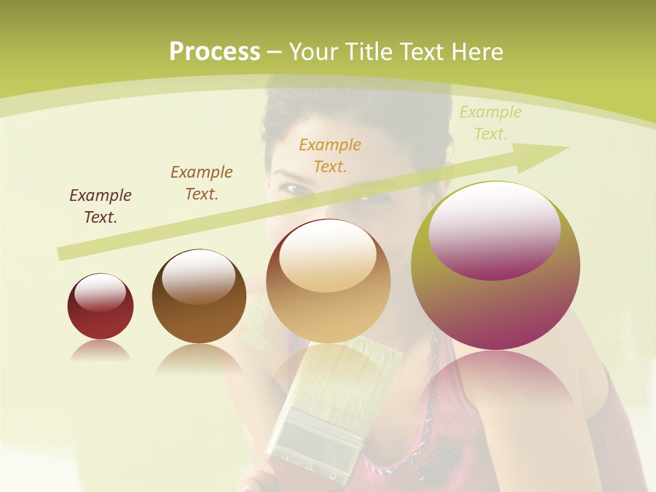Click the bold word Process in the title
tap(215, 52)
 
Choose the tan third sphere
tap(328, 307)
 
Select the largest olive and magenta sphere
tap(495, 301)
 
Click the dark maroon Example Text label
tap(100, 206)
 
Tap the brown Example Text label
tap(202, 182)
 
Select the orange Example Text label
tap(330, 155)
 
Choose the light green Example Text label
tap(491, 122)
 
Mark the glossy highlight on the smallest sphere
tap(100, 292)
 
